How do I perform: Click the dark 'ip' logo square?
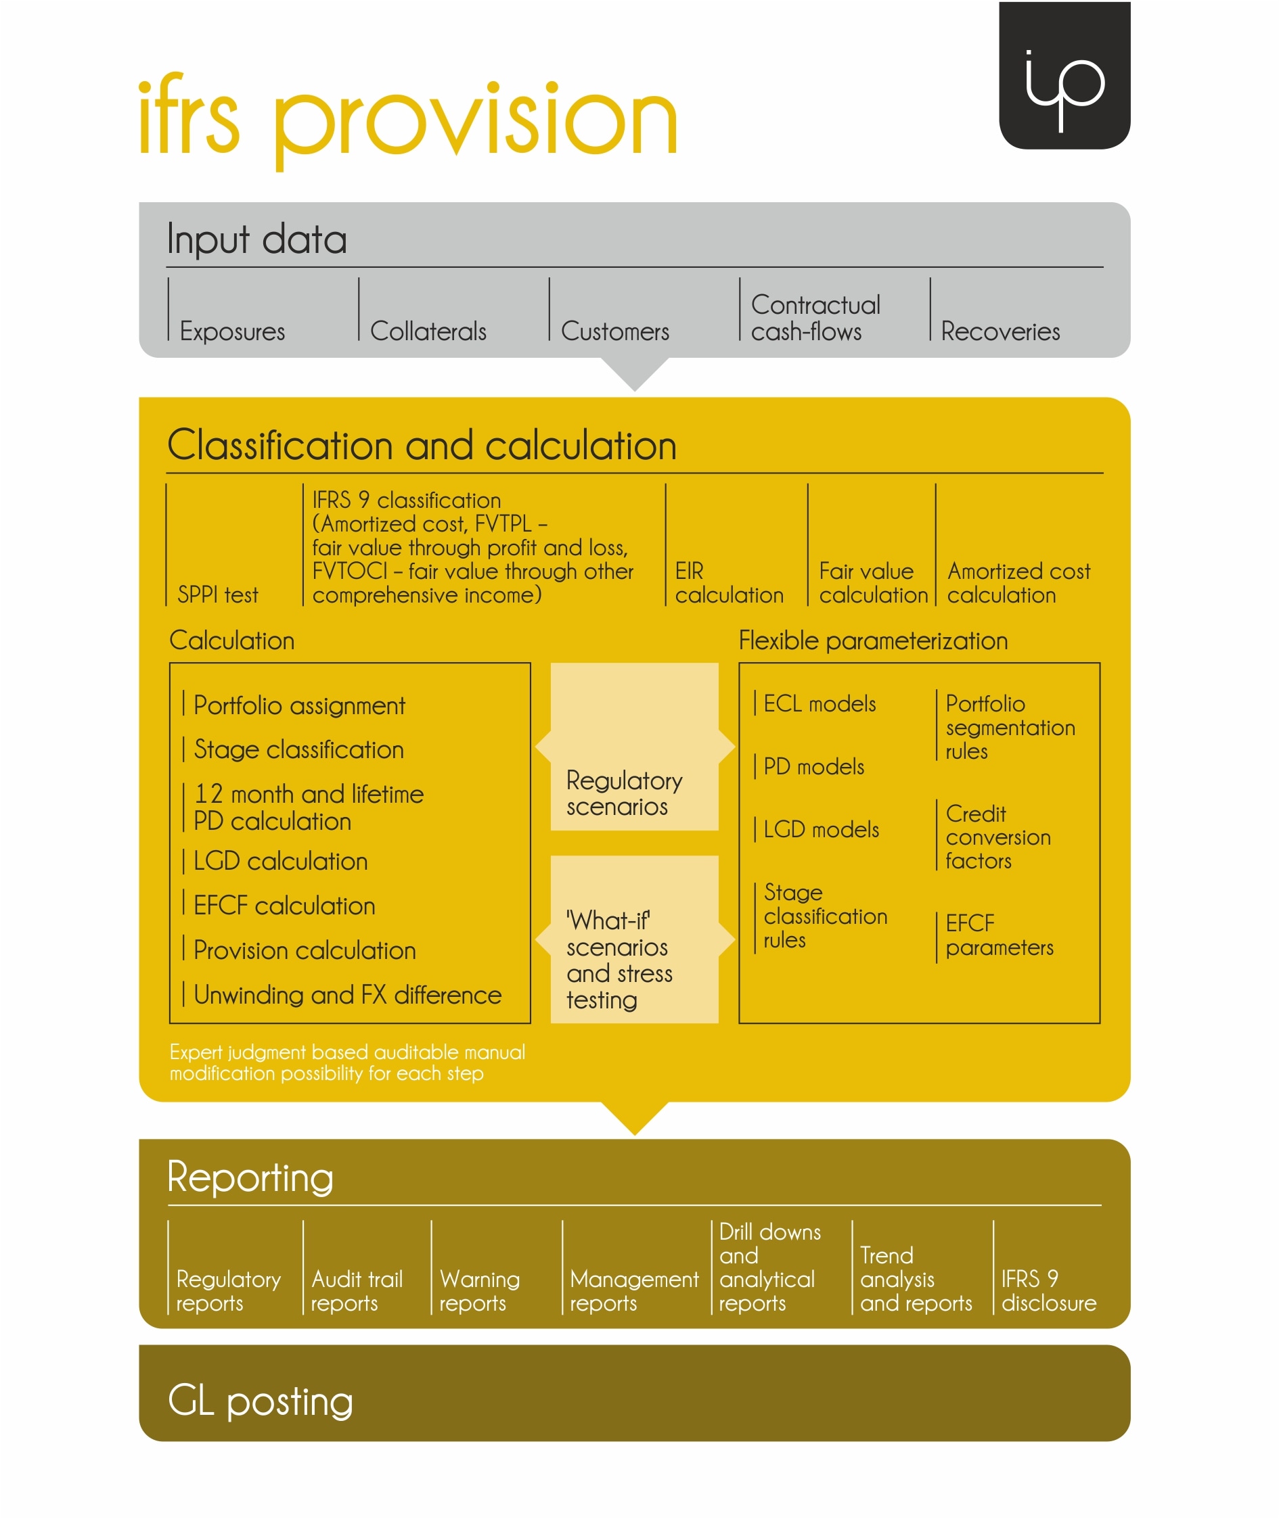pos(1064,75)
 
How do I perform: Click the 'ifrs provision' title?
pos(408,120)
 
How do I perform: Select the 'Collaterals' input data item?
pos(428,331)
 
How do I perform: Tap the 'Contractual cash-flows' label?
pos(815,317)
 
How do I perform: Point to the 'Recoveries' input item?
pos(1001,331)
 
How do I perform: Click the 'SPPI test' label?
pos(217,595)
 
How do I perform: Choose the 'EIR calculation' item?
pos(730,583)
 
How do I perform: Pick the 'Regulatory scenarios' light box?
pos(635,747)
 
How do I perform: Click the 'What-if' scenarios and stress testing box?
pos(635,939)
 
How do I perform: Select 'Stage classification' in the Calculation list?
pos(298,749)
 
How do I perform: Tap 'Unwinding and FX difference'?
pos(347,995)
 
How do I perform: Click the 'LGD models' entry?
pos(821,829)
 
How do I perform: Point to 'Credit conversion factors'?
pos(998,837)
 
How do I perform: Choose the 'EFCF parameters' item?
pos(999,935)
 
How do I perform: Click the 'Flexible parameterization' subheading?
pos(873,640)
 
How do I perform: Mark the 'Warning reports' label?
pos(479,1290)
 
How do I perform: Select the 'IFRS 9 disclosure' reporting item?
pos(1048,1290)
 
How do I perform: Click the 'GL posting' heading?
pos(261,1401)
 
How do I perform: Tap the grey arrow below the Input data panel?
pos(635,374)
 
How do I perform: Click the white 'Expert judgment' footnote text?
pos(347,1062)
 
